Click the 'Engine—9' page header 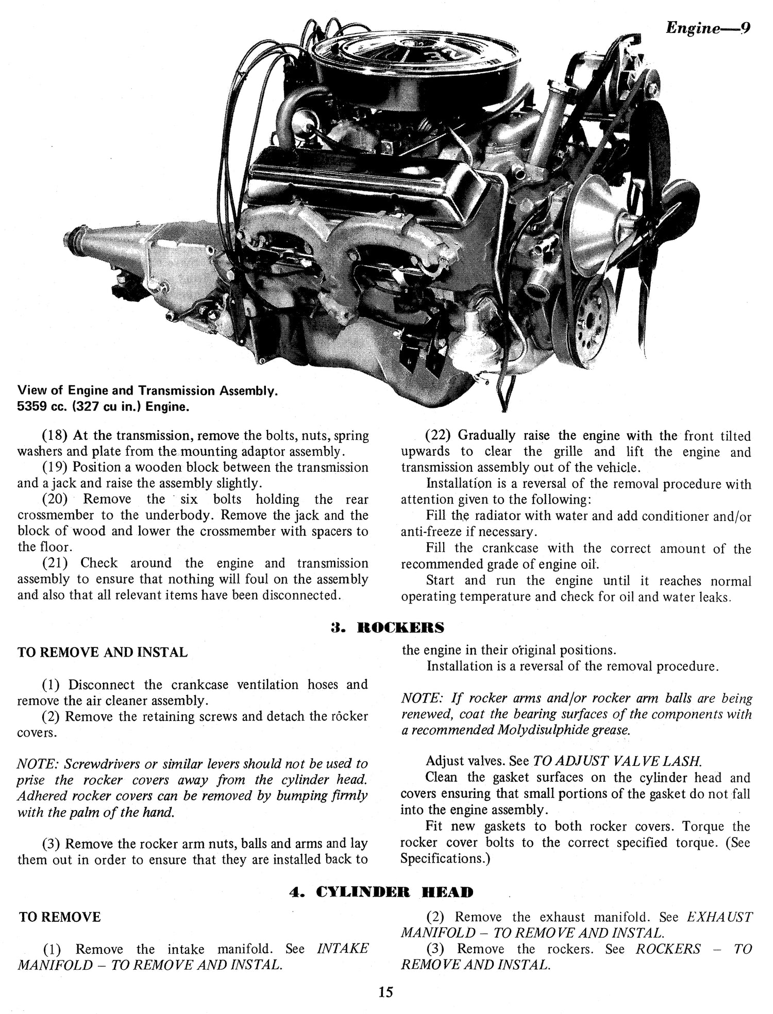click(x=708, y=27)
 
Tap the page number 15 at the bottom click(x=385, y=991)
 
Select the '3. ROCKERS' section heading click(x=386, y=627)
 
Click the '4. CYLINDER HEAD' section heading click(x=381, y=891)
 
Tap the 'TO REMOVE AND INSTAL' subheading click(x=102, y=652)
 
